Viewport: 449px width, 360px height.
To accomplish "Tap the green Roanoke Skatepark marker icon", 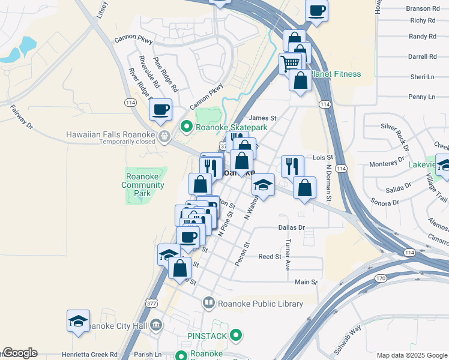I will pyautogui.click(x=186, y=127).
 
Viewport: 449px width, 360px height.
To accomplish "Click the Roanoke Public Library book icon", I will pyautogui.click(x=208, y=304).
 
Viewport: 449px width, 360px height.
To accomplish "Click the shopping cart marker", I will pyautogui.click(x=291, y=62).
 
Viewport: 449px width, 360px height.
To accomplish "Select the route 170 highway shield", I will pyautogui.click(x=380, y=278).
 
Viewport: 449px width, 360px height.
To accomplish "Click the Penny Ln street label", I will pyautogui.click(x=421, y=97).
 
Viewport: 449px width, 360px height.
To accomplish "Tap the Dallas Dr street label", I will pyautogui.click(x=292, y=228).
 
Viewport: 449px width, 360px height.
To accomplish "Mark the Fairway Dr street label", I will pyautogui.click(x=21, y=118).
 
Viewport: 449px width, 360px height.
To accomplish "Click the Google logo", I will pyautogui.click(x=20, y=353).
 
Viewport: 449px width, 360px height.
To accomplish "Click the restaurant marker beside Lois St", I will pyautogui.click(x=292, y=165).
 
